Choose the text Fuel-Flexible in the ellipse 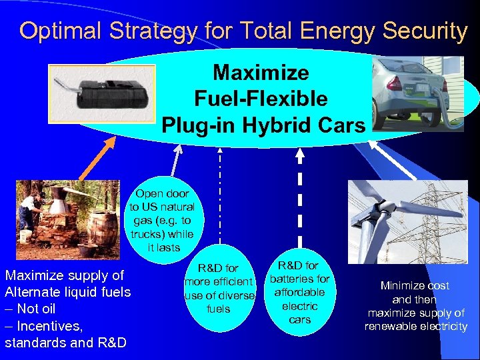coord(261,99)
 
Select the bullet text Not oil coord(36,309)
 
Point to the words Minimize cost coord(415,285)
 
